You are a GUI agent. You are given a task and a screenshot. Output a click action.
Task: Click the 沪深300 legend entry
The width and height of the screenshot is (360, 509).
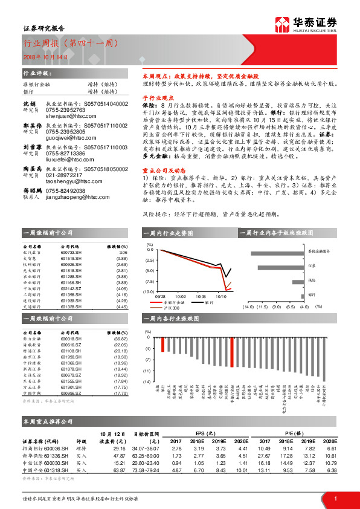[171, 308]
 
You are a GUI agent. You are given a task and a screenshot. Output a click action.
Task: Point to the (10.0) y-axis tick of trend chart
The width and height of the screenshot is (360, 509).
[147, 291]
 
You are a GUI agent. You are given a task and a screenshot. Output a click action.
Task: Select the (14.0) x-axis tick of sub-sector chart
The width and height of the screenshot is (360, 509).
[248, 307]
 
